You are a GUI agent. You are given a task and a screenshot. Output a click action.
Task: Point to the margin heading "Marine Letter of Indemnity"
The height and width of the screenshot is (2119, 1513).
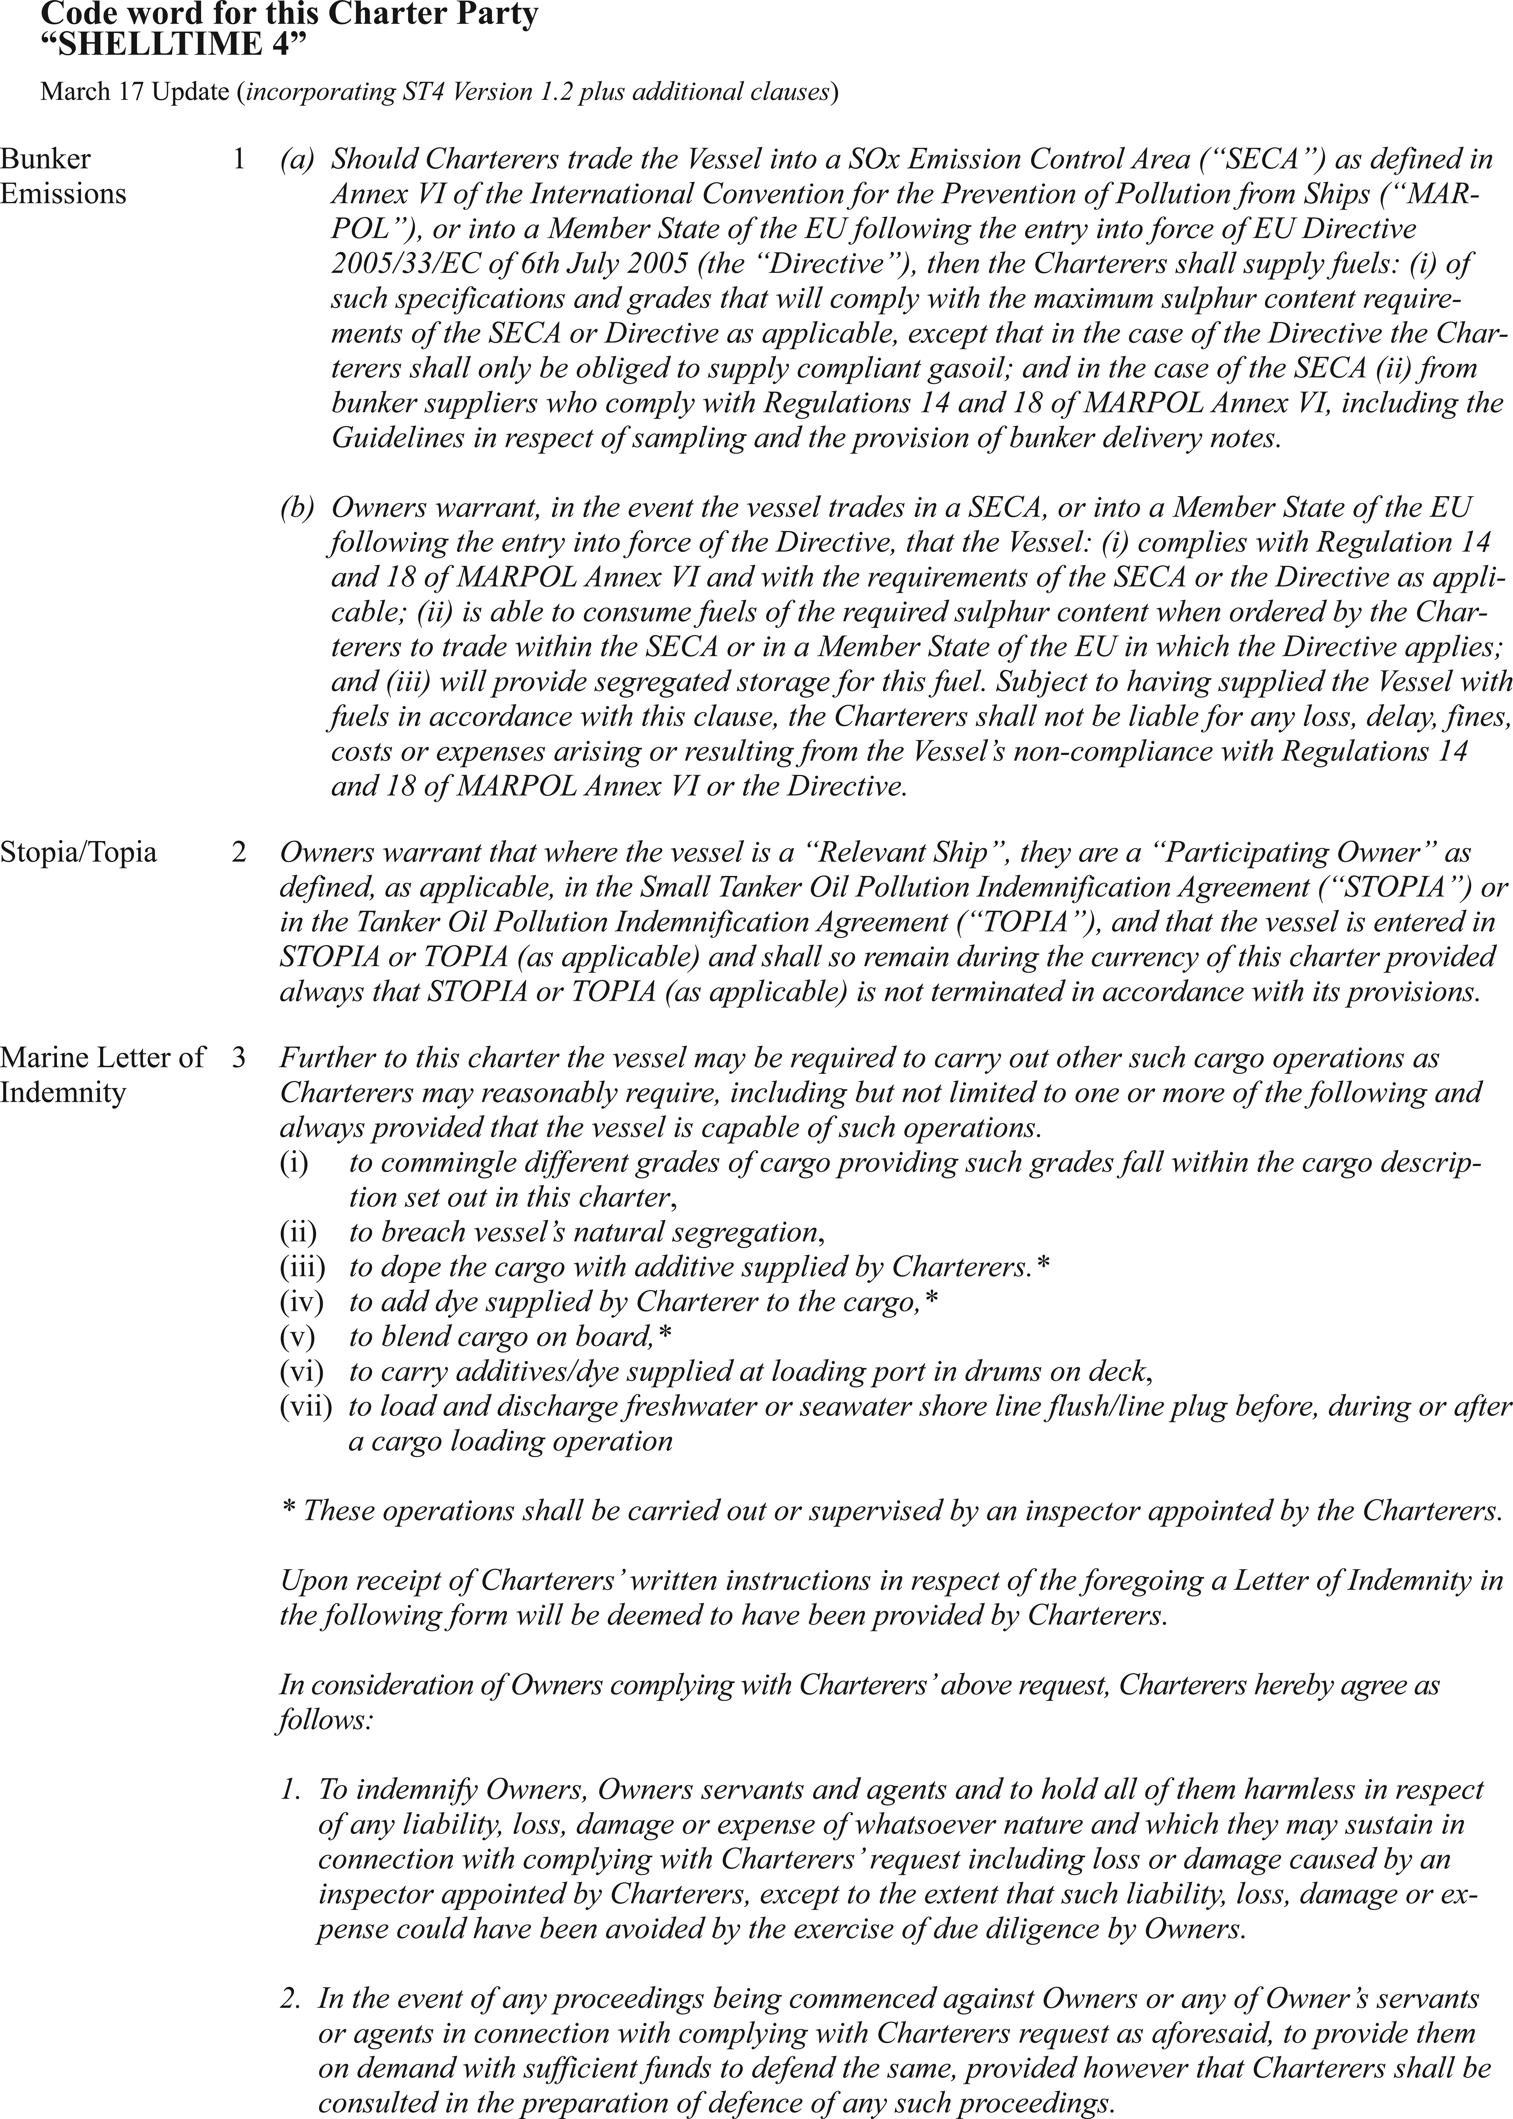(102, 1075)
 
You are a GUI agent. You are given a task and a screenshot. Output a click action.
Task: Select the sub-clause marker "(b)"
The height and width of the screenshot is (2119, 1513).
(298, 508)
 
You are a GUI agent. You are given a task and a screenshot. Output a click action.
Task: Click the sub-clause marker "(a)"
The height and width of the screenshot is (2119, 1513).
(298, 159)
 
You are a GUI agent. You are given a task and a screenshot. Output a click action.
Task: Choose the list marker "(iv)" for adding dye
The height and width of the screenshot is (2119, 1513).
(302, 1302)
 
